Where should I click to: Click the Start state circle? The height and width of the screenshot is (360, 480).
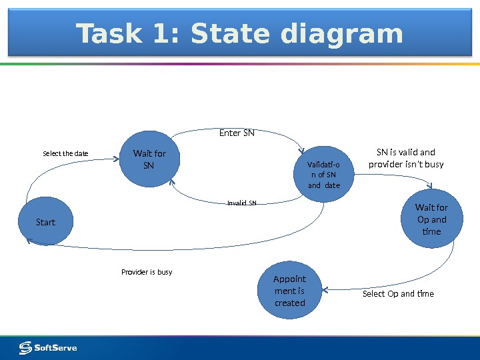(x=45, y=222)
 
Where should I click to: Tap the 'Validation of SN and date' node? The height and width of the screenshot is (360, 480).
(x=323, y=175)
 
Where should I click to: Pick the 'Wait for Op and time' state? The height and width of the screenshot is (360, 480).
(x=431, y=219)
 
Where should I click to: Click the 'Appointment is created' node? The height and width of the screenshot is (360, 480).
(x=289, y=291)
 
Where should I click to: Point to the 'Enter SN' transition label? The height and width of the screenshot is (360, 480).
(x=237, y=133)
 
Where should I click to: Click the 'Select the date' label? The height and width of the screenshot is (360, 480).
(x=65, y=154)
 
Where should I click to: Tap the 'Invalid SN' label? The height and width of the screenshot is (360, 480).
(x=241, y=203)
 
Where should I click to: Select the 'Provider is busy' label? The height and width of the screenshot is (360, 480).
(x=147, y=272)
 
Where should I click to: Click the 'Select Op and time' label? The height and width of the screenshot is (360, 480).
(x=398, y=293)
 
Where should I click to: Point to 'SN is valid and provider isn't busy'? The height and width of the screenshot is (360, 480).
(x=406, y=158)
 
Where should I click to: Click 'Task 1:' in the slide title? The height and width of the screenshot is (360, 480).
(x=128, y=34)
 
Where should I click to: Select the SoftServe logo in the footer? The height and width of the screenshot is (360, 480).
(x=48, y=347)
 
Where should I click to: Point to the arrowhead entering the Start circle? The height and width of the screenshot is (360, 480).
(x=30, y=241)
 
